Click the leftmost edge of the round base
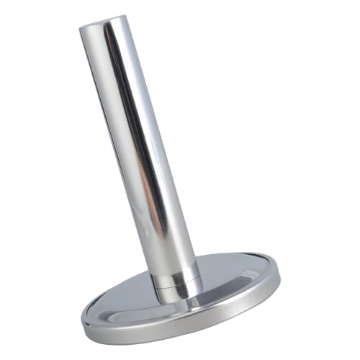click(x=81, y=317)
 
